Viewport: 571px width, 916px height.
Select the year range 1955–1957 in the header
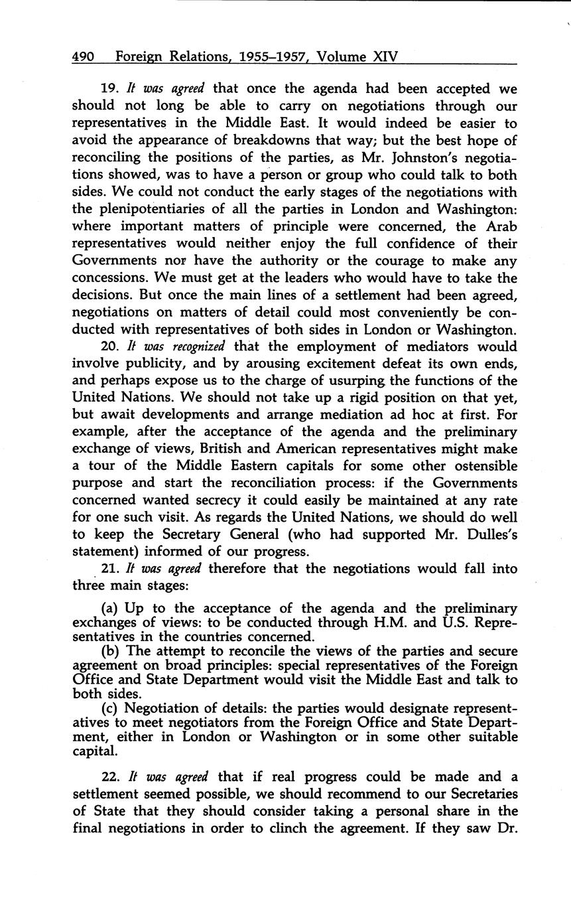tap(268, 56)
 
